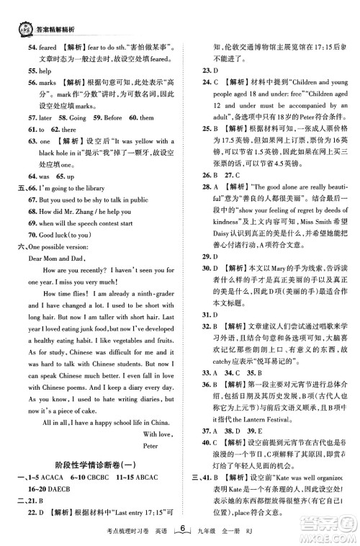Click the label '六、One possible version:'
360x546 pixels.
tap(58, 247)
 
